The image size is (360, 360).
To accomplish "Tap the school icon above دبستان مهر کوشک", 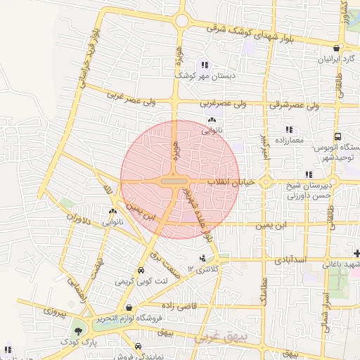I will (x=205, y=65).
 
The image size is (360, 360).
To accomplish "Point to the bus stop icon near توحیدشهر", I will (x=337, y=136).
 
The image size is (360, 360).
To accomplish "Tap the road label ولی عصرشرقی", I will (x=295, y=105).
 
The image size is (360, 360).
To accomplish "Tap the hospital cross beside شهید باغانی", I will (x=357, y=252).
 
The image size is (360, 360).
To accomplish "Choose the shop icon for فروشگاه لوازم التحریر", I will (x=129, y=307).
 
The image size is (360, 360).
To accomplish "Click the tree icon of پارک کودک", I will (x=77, y=330).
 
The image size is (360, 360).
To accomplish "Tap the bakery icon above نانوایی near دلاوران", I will (x=112, y=211).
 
